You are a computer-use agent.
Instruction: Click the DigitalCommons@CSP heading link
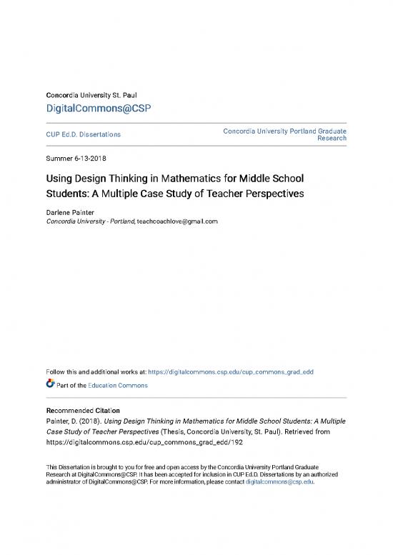point(99,108)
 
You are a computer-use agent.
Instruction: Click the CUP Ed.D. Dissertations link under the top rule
point(83,134)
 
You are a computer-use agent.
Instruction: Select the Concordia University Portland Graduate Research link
point(285,134)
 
